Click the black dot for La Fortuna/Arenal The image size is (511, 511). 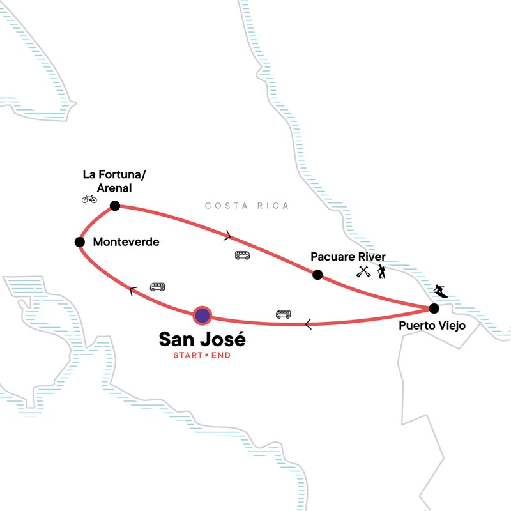(x=115, y=205)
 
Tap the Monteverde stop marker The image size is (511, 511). (x=80, y=242)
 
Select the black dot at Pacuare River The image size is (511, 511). (x=317, y=275)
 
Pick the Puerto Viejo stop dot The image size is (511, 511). (x=434, y=309)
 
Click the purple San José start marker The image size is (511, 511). (x=202, y=314)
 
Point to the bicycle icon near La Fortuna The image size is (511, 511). (x=89, y=199)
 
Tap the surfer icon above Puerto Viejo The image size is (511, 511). (x=440, y=291)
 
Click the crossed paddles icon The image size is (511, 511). (x=363, y=272)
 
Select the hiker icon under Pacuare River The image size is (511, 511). (x=381, y=272)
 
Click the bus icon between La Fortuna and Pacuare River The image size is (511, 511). (x=242, y=256)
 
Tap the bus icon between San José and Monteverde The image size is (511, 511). (x=157, y=287)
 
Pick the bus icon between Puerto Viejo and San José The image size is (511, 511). (x=283, y=314)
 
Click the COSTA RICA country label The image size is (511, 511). (x=247, y=206)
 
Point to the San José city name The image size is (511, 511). (x=202, y=339)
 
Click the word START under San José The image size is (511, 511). (x=188, y=355)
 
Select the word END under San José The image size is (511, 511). (x=220, y=355)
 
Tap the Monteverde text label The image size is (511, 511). (x=126, y=243)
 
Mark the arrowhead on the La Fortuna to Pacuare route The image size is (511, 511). (x=228, y=236)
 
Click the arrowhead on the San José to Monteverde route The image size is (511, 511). (x=132, y=291)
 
